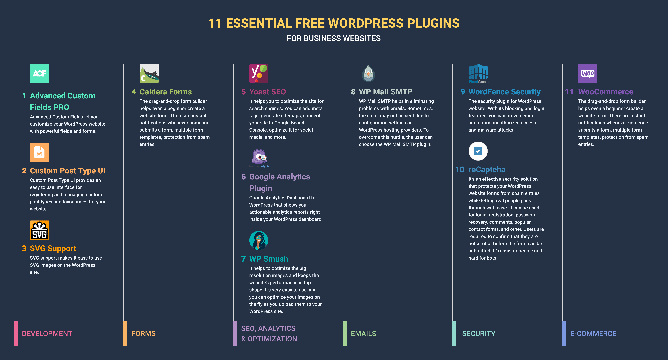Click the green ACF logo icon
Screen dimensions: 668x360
click(x=39, y=73)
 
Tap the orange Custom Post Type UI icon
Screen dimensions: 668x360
click(x=39, y=152)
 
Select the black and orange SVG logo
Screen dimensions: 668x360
click(x=39, y=230)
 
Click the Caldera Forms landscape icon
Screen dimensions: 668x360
click(x=149, y=73)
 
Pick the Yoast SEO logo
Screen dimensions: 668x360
click(x=259, y=73)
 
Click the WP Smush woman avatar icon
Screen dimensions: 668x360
click(x=259, y=240)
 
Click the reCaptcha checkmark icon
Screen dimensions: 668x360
click(x=478, y=151)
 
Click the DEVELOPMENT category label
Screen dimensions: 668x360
click(x=47, y=334)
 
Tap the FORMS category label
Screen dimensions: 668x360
click(x=143, y=334)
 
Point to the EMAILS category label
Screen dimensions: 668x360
click(x=364, y=334)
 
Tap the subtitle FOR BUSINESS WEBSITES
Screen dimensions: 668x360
click(x=334, y=38)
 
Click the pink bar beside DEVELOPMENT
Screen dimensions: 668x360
click(x=16, y=334)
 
